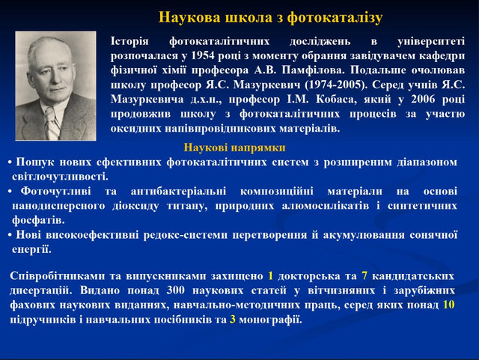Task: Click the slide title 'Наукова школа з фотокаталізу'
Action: click(271, 16)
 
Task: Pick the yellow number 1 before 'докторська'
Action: click(270, 275)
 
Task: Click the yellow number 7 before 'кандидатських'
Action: click(364, 275)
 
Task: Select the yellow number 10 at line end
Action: click(448, 305)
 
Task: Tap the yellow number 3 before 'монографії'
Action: click(233, 320)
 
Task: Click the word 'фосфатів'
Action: click(37, 220)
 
